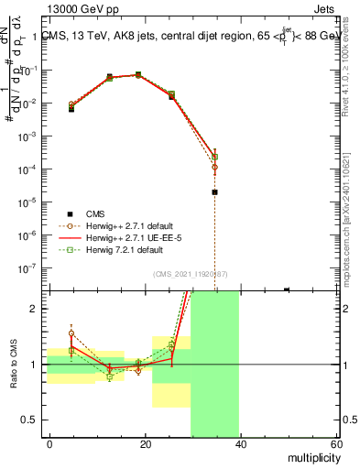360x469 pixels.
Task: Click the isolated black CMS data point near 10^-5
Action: (214, 192)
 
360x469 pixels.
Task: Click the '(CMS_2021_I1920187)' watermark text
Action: (191, 272)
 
